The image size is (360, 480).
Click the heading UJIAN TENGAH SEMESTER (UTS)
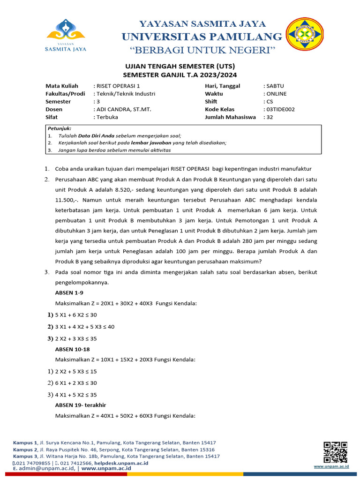[x=180, y=67]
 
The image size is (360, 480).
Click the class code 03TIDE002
[x=281, y=109]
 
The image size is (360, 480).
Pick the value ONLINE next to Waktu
[x=277, y=94]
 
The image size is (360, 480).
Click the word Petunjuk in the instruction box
[x=59, y=128]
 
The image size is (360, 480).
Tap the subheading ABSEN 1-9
[x=69, y=292]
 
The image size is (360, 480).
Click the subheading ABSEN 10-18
[x=72, y=349]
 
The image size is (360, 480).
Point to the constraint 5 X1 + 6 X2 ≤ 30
[x=76, y=315]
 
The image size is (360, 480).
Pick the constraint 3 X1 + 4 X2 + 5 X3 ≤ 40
[x=85, y=327]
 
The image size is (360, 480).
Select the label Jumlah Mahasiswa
[x=230, y=117]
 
